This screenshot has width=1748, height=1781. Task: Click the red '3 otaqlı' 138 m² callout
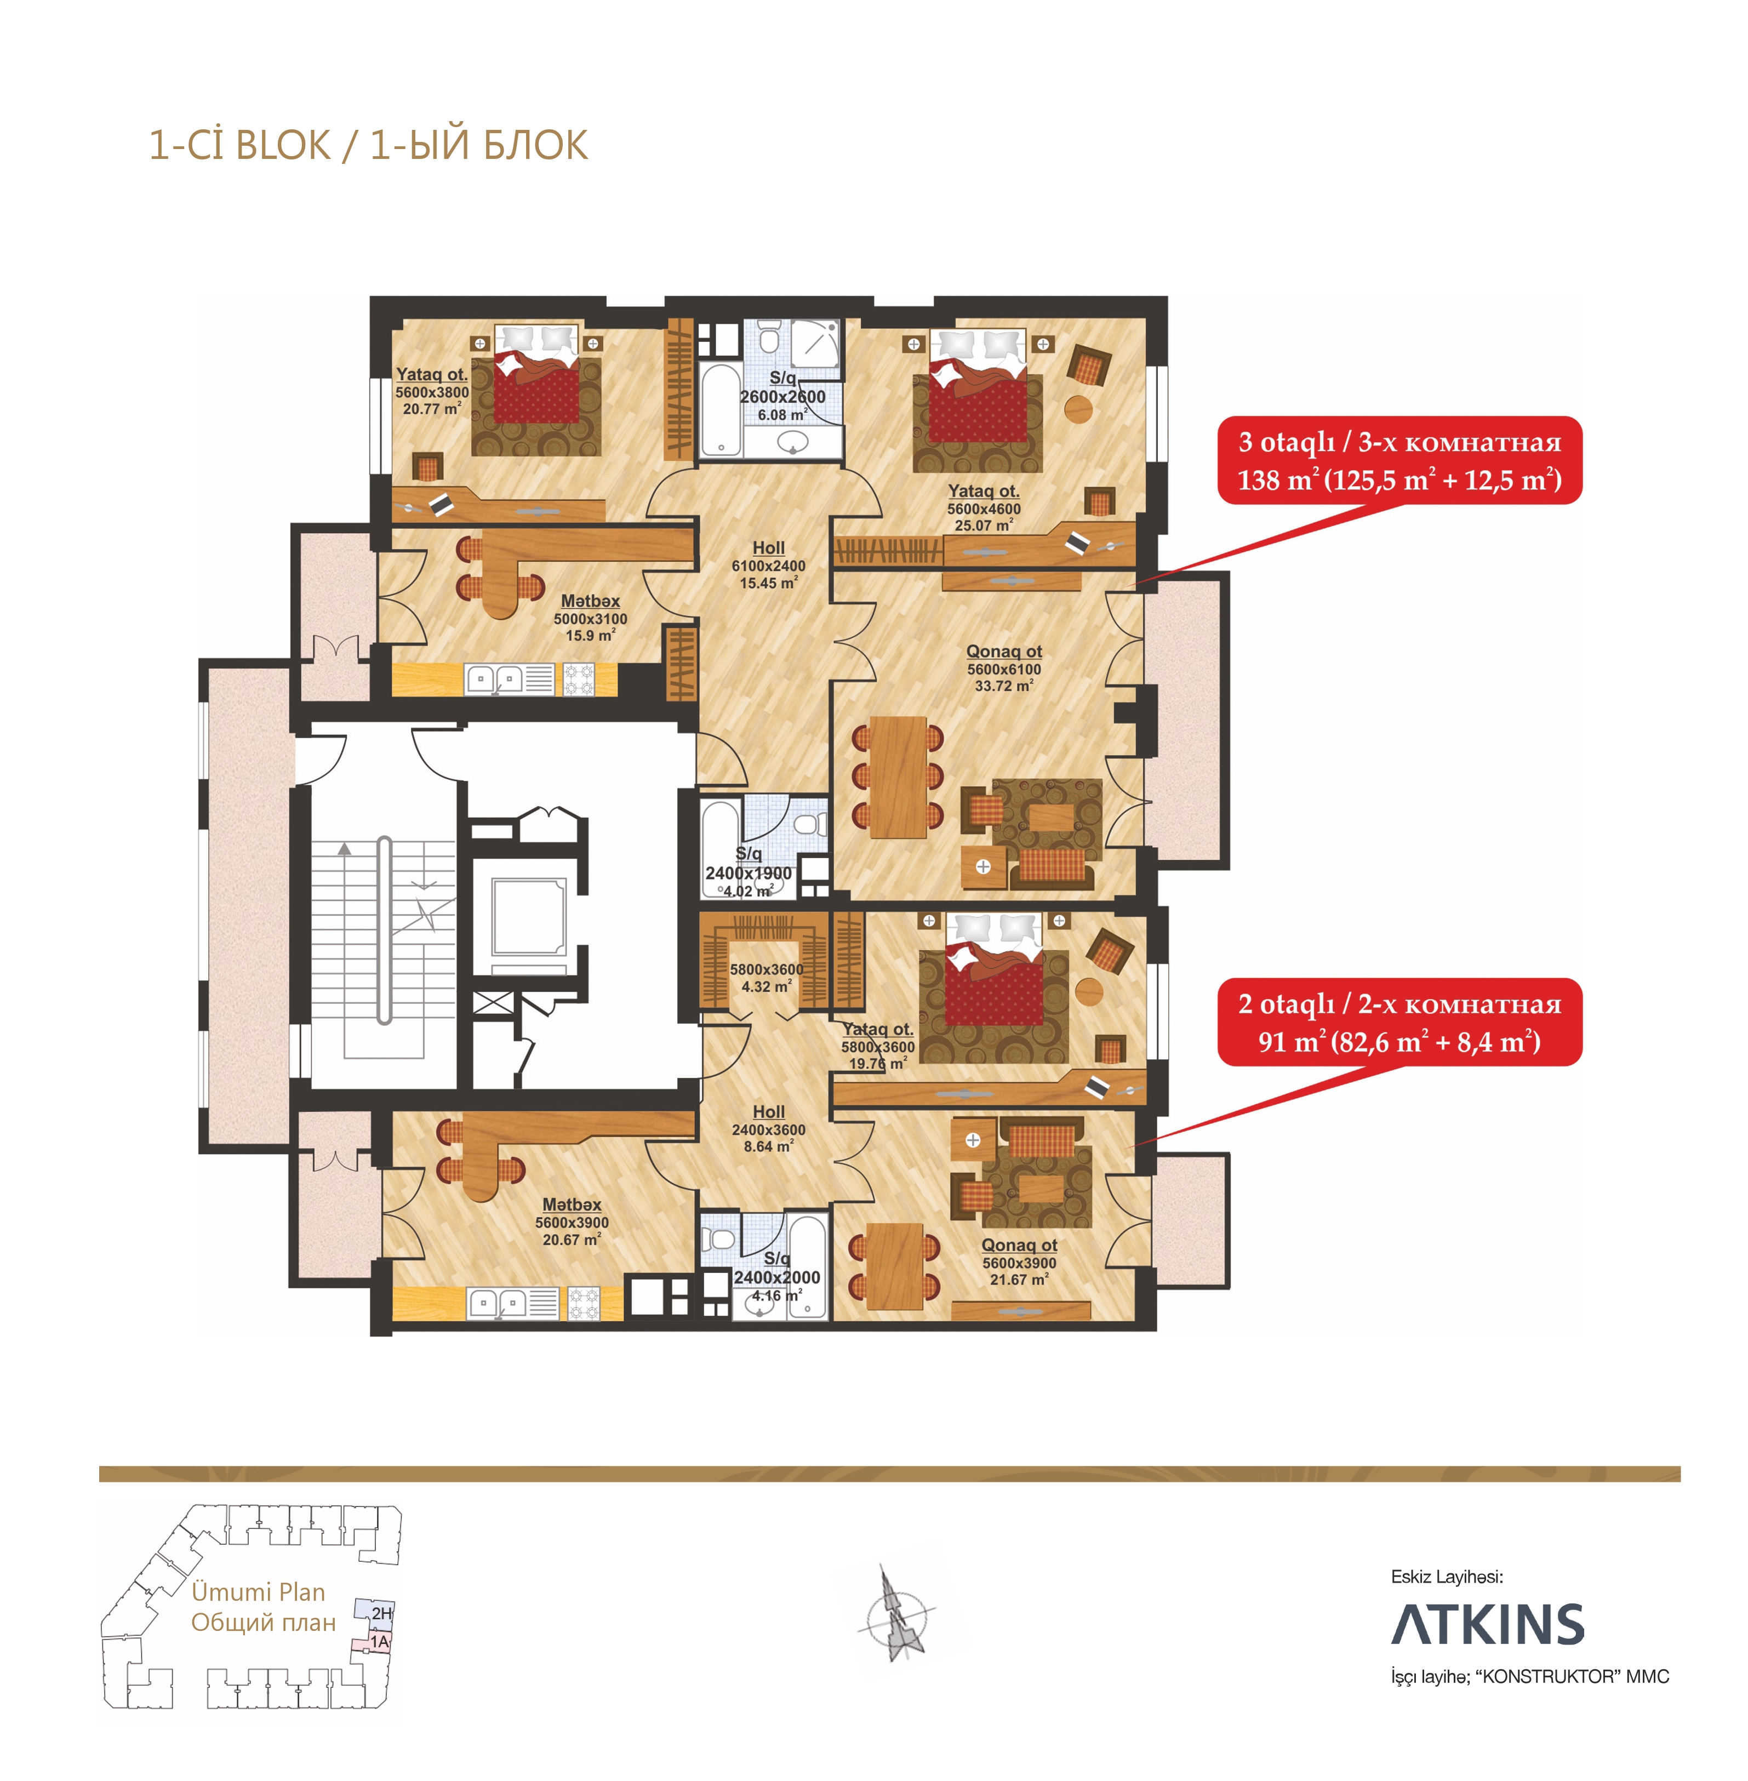(1399, 460)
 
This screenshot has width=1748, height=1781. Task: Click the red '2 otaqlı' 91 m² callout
(1399, 1022)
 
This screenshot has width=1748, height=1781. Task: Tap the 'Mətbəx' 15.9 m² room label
(590, 617)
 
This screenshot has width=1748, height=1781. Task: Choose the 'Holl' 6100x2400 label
(768, 564)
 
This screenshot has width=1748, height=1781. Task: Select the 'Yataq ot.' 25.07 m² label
(983, 507)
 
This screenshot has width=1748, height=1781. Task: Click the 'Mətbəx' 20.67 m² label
(572, 1221)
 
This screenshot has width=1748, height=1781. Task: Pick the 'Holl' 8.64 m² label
(768, 1128)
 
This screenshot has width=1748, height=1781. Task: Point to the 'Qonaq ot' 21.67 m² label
(1019, 1261)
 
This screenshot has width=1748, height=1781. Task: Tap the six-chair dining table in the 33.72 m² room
(898, 777)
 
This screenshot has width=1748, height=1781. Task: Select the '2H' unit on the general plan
(381, 1613)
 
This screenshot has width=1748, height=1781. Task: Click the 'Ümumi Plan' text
(258, 1592)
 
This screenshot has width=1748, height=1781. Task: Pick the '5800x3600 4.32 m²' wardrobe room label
(767, 978)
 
